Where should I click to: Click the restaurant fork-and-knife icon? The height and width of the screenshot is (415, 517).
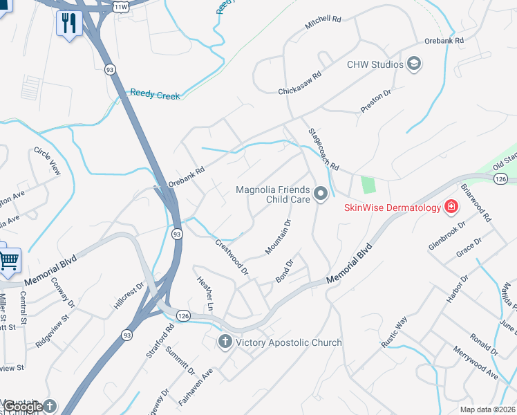click(69, 22)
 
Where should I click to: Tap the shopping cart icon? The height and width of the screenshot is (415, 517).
click(9, 261)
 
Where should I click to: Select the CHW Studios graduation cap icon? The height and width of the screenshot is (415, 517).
click(414, 64)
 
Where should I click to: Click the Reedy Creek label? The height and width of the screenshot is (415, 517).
click(155, 94)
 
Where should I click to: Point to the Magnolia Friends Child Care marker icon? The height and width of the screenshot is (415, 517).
click(320, 194)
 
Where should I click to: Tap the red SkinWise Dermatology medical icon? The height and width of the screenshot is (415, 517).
click(451, 207)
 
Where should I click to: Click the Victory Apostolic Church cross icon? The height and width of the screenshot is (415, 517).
click(225, 342)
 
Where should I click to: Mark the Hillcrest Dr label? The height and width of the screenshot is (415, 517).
click(130, 295)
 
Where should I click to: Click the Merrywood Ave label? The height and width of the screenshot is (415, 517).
click(476, 363)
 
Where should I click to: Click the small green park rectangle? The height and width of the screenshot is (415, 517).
click(368, 185)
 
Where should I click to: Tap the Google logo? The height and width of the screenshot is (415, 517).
click(24, 407)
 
